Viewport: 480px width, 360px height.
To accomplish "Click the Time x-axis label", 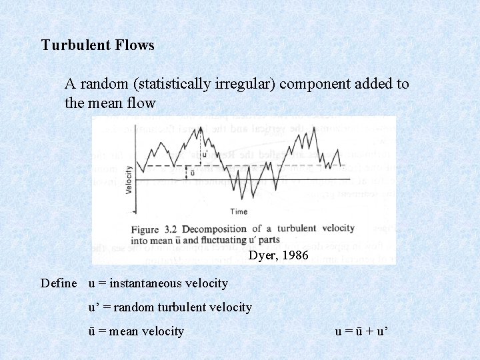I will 239,211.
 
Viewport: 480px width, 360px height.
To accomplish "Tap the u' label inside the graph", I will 205,155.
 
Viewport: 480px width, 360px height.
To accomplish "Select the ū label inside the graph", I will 192,172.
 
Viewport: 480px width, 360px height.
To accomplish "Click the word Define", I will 59,283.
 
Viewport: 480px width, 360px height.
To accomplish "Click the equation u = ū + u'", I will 361,331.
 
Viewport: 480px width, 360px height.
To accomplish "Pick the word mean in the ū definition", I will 120,331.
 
